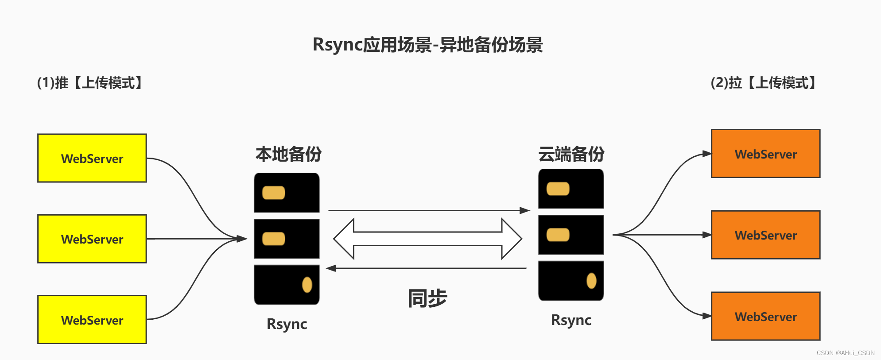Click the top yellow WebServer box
pos(92,158)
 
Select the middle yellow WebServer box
pos(92,239)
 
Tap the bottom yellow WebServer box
pos(92,320)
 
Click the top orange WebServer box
pos(765,154)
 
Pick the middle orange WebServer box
pos(765,235)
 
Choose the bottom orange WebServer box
pos(765,316)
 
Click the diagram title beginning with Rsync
pos(427,45)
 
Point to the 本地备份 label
pos(288,154)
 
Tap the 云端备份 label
pos(571,154)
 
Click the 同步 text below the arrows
pos(427,298)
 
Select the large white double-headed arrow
pos(427,239)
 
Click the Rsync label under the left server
pos(287,324)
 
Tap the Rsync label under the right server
pos(571,320)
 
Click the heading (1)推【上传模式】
pos(90,83)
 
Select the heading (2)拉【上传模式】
pos(764,83)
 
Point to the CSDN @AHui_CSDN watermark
pos(845,353)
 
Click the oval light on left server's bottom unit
pos(307,285)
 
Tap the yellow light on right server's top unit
pos(558,189)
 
